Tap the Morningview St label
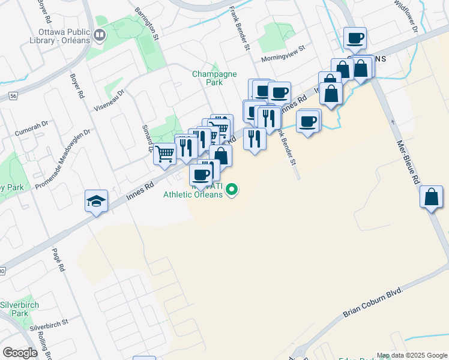click(283, 60)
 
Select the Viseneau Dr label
click(109, 100)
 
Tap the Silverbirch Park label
click(20, 309)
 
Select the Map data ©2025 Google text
click(412, 355)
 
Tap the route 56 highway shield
click(13, 95)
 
